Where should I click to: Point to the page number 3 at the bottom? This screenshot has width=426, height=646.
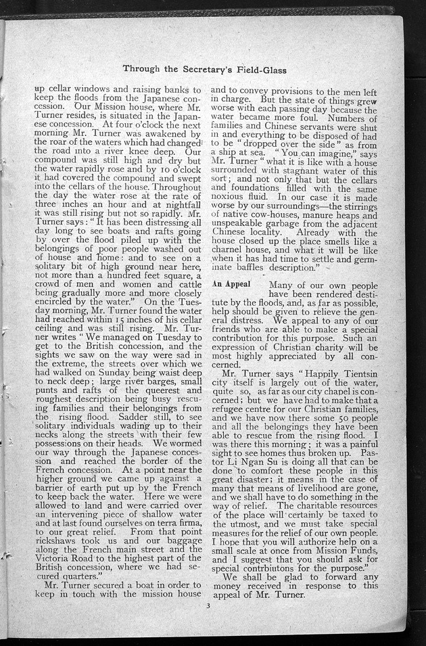point(210,614)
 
